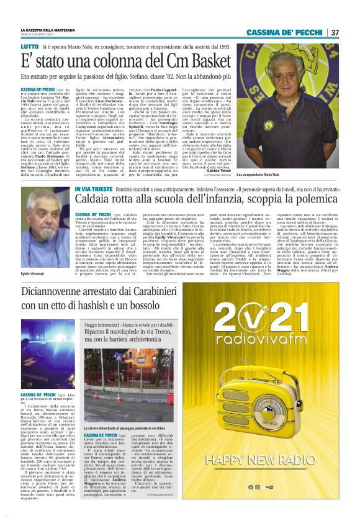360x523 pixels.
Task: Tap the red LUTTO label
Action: (x=29, y=48)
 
